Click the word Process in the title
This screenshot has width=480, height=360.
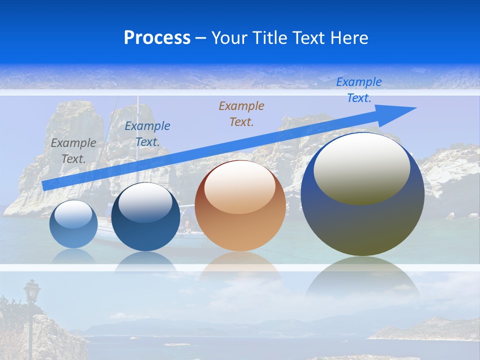[x=157, y=38]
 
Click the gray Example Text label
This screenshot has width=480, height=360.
[x=73, y=150]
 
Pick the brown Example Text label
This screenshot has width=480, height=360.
[x=241, y=113]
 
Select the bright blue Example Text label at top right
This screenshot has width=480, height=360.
[x=358, y=90]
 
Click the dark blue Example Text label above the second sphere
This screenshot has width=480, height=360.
[x=147, y=133]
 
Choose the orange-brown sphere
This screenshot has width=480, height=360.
[x=240, y=220]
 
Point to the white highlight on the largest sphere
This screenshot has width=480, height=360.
[x=361, y=167]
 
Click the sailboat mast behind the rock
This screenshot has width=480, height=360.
[x=138, y=125]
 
